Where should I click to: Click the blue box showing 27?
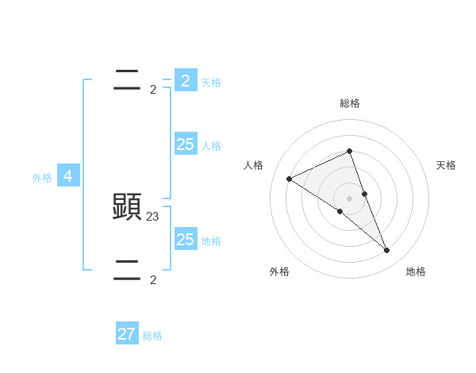coord(127,334)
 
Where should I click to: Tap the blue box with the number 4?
coord(68,176)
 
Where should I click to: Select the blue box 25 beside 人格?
coord(186,144)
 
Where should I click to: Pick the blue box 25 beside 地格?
coord(186,239)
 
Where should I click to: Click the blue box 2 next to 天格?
coord(186,81)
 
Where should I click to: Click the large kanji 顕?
coord(127,207)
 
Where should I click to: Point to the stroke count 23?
coord(153,215)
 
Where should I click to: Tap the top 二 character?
coord(127,81)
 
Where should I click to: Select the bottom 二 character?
coord(127,271)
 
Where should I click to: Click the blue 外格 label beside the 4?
coord(42,178)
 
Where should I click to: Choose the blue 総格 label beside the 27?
coord(152,336)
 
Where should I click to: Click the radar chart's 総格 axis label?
coord(350,103)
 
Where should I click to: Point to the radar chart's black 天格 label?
coord(447,165)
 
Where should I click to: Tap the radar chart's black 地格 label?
coord(416,271)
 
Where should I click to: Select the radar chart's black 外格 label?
coord(278,271)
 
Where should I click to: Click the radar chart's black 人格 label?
coord(253,165)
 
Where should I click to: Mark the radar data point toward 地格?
coord(387,251)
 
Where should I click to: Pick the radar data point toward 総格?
coord(350,152)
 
